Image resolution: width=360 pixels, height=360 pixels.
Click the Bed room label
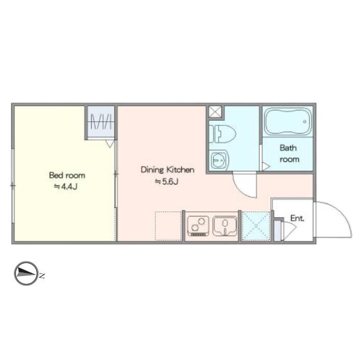tap(67, 176)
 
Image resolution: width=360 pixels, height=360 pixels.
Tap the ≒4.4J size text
tap(66, 187)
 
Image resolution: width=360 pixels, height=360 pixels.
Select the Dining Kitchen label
tap(167, 170)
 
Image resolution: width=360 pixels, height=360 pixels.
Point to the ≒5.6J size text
tap(167, 182)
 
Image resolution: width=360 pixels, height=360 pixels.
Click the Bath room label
tap(289, 154)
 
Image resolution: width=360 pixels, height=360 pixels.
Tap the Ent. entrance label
tap(297, 218)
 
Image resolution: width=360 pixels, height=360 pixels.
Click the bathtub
tap(288, 121)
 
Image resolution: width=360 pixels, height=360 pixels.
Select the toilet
tap(223, 134)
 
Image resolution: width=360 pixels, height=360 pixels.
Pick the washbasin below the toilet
tap(219, 160)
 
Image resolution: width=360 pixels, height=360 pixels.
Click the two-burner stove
tap(198, 226)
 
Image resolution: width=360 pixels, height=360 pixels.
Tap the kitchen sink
tap(225, 226)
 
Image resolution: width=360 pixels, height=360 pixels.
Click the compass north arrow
tap(26, 273)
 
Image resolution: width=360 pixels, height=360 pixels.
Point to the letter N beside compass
tap(41, 275)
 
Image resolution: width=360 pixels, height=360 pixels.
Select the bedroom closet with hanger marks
tap(101, 122)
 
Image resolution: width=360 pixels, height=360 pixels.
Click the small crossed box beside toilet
tap(215, 112)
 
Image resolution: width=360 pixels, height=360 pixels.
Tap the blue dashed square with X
tap(256, 226)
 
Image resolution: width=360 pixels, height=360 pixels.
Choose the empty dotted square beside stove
tap(168, 226)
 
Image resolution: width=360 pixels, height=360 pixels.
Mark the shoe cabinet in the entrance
tap(278, 231)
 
